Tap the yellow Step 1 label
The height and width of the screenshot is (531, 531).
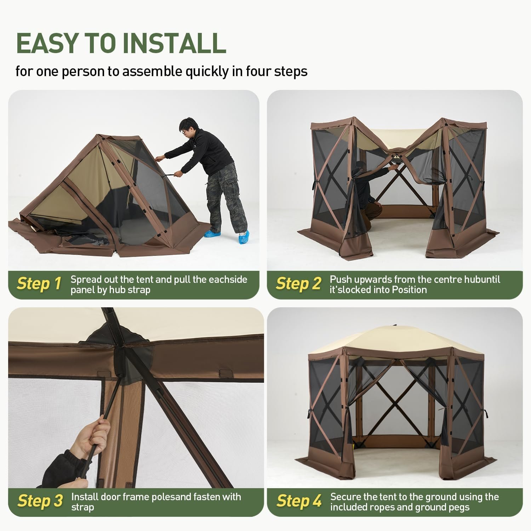39,284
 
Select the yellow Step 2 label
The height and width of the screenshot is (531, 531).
299,284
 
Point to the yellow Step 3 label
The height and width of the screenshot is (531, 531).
40,501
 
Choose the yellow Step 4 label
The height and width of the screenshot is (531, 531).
299,501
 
